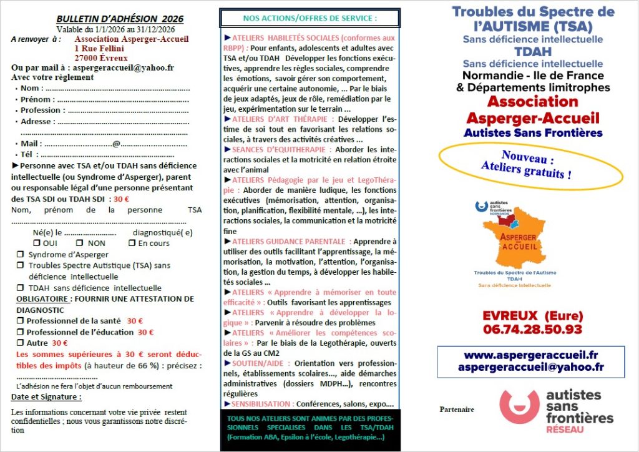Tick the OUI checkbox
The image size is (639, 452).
(37, 243)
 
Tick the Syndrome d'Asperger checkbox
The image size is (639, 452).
(20, 255)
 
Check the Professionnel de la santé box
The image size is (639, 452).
(20, 321)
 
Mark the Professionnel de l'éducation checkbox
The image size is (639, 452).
(20, 332)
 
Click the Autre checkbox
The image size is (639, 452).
(20, 343)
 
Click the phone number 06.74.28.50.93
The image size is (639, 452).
(532, 328)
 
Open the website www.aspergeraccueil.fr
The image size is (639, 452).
(531, 355)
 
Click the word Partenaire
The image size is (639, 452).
(457, 410)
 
